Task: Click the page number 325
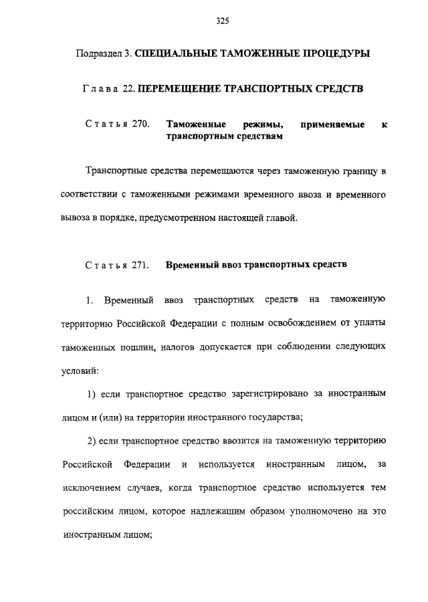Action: (223, 21)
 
